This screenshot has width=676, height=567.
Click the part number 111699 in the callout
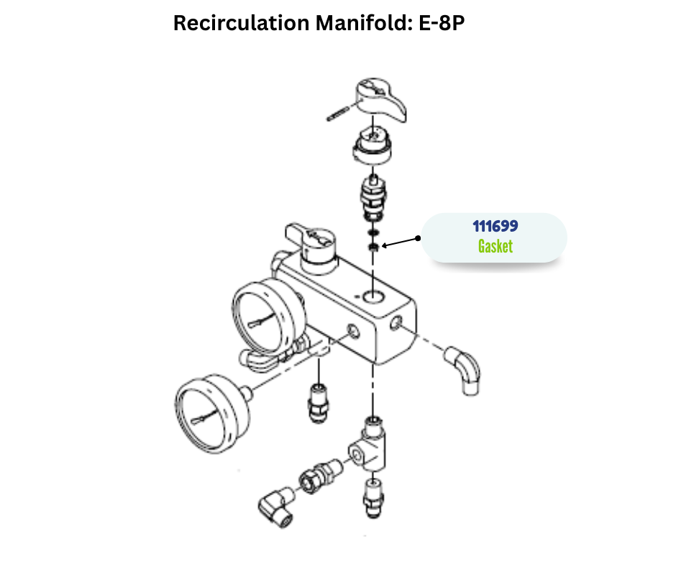coord(495,226)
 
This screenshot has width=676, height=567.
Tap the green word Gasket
coord(495,246)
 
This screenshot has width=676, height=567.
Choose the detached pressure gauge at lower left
coord(213,408)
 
